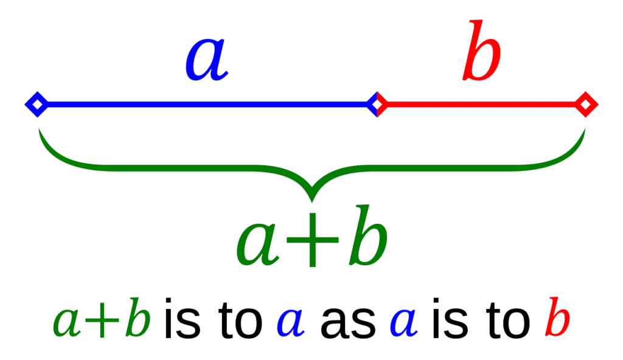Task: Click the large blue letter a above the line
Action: pos(207,60)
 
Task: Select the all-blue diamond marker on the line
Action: pos(37,105)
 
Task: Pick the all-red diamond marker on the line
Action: pos(585,105)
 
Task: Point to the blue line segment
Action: pos(207,105)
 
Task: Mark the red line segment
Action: pos(481,105)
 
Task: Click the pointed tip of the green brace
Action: pos(312,200)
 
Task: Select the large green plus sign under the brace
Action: pos(312,240)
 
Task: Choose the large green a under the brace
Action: pos(257,244)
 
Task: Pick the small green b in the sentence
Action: pos(138,317)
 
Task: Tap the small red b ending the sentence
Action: pos(557,317)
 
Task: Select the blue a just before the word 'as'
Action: pos(290,323)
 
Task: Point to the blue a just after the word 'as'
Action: pos(403,323)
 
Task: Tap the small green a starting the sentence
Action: pos(67,323)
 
